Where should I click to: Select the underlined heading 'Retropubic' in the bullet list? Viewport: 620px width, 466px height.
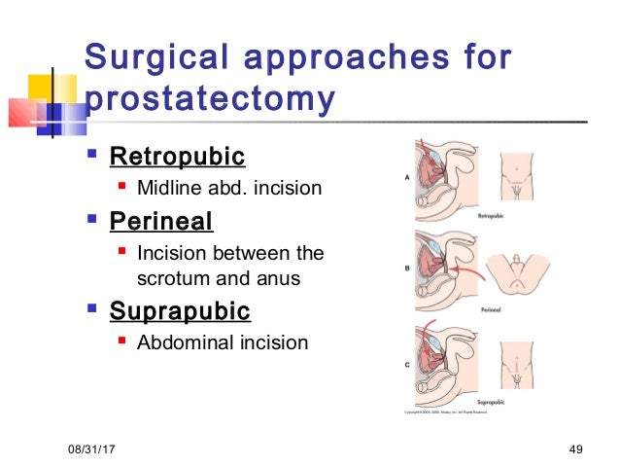point(177,156)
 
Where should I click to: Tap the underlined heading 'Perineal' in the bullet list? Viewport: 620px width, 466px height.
point(160,222)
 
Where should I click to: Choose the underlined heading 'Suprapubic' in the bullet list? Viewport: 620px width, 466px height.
point(180,311)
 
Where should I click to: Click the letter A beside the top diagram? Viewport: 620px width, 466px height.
point(405,177)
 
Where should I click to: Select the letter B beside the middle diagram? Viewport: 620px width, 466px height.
point(405,265)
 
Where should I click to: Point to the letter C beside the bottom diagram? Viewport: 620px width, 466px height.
point(405,365)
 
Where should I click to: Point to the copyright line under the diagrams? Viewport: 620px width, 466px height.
point(446,412)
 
